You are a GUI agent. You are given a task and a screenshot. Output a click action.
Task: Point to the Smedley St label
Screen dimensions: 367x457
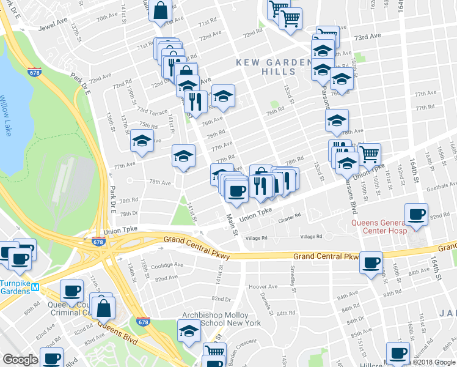pyautogui.click(x=293, y=270)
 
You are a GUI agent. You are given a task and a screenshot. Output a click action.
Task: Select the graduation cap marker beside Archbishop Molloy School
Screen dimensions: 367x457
pyautogui.click(x=189, y=331)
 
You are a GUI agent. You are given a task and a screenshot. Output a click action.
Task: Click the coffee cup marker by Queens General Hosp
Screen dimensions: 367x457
pyautogui.click(x=416, y=215)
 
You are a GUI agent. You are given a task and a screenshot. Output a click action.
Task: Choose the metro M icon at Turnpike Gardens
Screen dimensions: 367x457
pyautogui.click(x=35, y=287)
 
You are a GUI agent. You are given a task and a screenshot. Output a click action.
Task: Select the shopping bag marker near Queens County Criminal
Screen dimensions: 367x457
pyautogui.click(x=104, y=309)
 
